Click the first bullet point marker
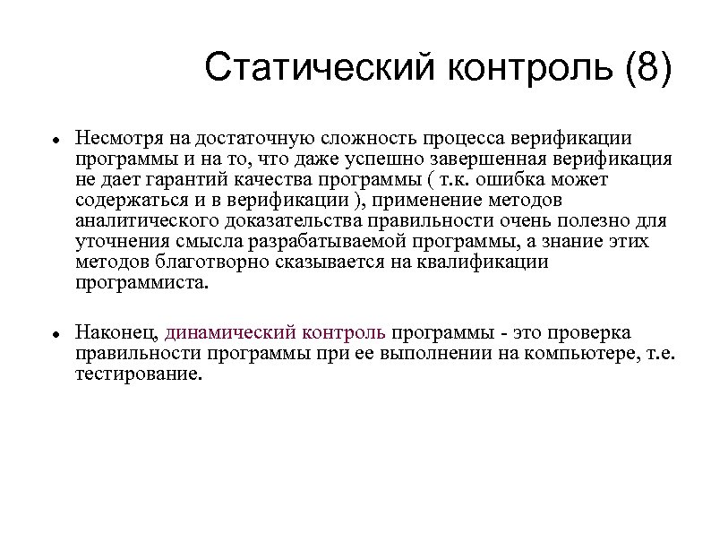tap(55, 142)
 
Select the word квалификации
tap(491, 262)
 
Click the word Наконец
tap(116, 331)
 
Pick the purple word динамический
tap(220, 331)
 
